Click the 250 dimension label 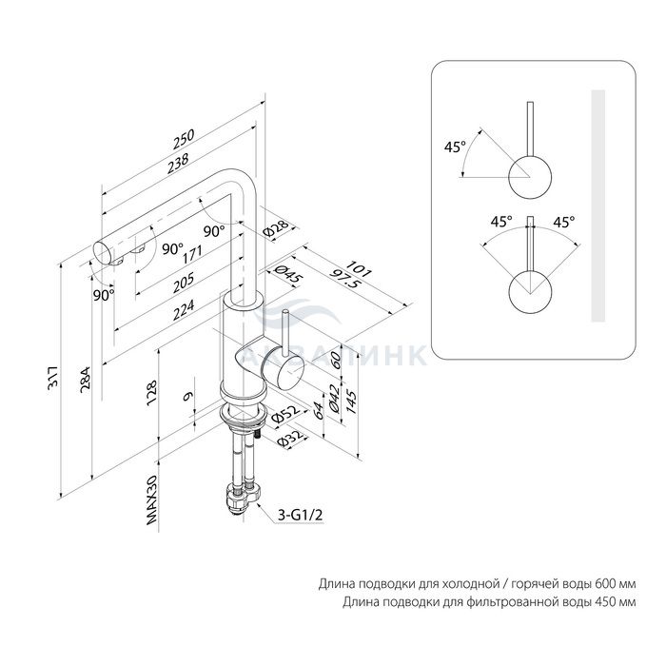point(184,139)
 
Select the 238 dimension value point(178,164)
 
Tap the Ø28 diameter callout point(276,227)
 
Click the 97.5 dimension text point(344,279)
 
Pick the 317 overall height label point(54,377)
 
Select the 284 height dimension point(87,380)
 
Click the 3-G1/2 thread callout point(301,515)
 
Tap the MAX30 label point(151,499)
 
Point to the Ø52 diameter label point(285,414)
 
